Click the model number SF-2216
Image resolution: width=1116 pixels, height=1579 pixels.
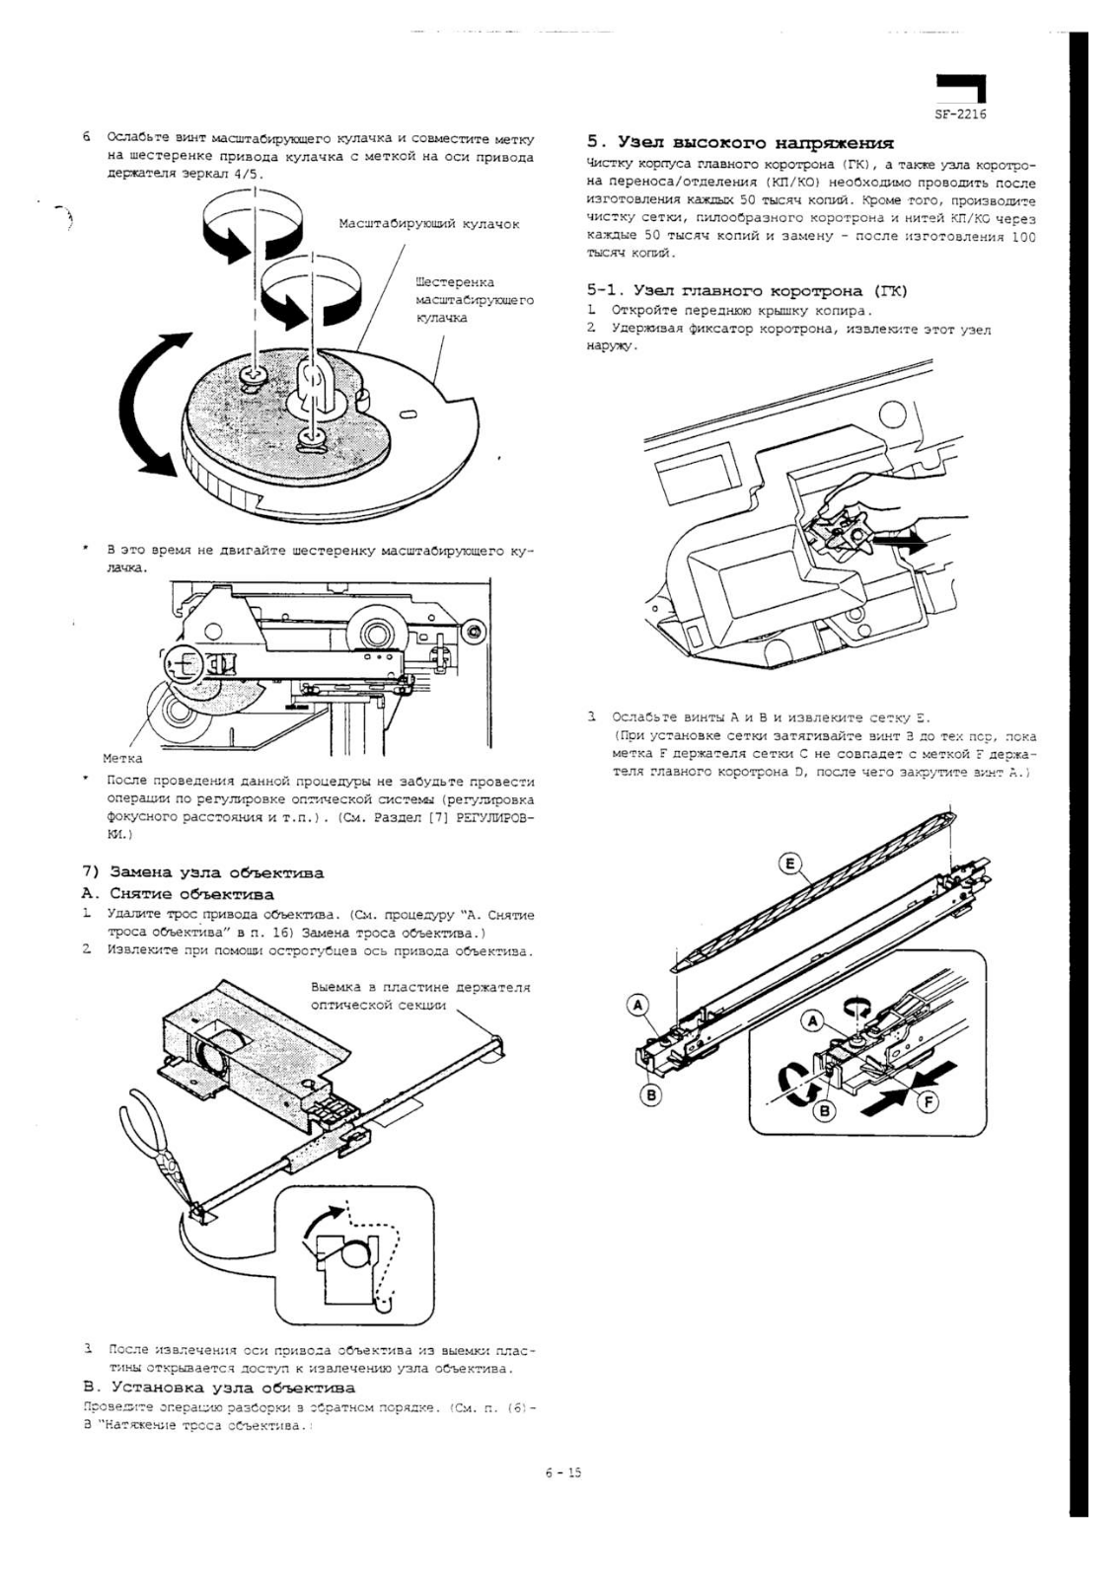[960, 114]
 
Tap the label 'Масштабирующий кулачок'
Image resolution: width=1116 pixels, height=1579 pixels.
[428, 224]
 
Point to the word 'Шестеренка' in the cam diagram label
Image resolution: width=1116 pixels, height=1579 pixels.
[455, 282]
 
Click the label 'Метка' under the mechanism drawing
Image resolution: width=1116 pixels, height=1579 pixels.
[122, 758]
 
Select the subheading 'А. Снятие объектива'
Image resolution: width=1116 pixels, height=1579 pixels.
[178, 894]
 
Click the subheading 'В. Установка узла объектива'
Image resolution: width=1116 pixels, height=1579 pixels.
[218, 1388]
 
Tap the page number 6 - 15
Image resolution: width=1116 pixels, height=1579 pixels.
[563, 1473]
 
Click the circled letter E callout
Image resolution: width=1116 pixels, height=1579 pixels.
[789, 865]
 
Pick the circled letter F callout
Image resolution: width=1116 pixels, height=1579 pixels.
[927, 1101]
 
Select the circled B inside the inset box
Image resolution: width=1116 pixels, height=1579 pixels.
[822, 1111]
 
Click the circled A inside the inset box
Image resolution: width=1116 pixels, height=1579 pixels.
[813, 1019]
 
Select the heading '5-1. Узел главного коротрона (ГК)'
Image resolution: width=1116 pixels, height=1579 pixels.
[747, 290]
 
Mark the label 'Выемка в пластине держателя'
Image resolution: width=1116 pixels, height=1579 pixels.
[420, 987]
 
